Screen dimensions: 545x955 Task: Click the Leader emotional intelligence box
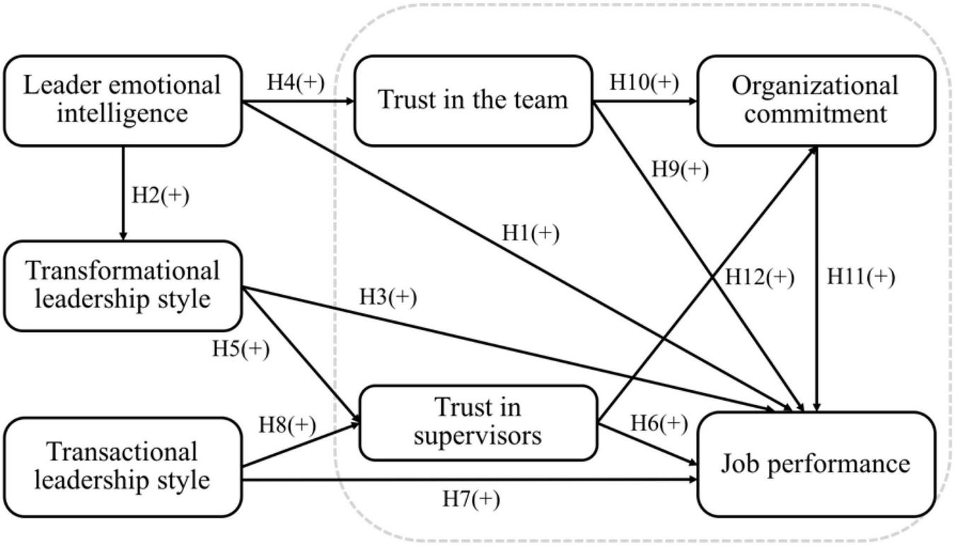tap(122, 100)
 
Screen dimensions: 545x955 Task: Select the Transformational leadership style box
tap(122, 285)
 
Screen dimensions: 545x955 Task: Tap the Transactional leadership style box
tap(122, 466)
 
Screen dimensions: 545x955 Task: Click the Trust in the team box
tap(473, 100)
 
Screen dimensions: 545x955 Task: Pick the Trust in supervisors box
tap(478, 422)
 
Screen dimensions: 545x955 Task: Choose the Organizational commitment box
tap(816, 100)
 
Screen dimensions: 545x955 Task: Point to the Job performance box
tap(816, 464)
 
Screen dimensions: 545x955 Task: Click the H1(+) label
tap(531, 233)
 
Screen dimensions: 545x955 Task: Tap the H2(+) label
tap(161, 195)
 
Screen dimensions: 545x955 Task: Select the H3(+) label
tap(388, 297)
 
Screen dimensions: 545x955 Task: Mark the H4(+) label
tap(295, 82)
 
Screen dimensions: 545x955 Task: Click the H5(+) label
tap(241, 349)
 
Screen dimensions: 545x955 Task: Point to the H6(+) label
tap(659, 423)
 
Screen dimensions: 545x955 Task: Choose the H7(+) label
tap(471, 499)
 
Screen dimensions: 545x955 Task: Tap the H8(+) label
tap(287, 424)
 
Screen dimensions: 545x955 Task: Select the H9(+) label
tap(680, 170)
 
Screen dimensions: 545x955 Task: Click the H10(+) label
tap(644, 82)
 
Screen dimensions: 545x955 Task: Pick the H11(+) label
tap(861, 277)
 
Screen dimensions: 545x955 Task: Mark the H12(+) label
tap(760, 277)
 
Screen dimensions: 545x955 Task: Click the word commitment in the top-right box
tap(816, 114)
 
